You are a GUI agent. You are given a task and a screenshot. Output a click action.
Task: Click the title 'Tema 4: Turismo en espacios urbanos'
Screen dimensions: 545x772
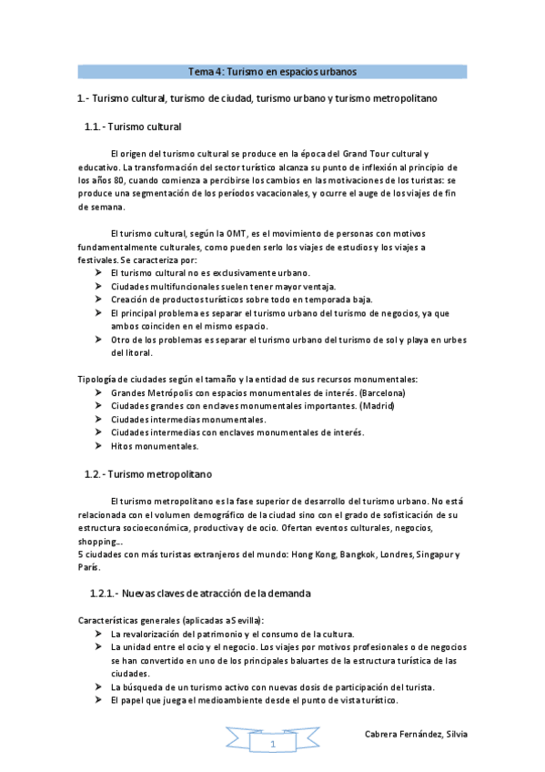coord(271,71)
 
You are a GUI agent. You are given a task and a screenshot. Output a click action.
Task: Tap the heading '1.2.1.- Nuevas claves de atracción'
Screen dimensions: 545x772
coord(200,594)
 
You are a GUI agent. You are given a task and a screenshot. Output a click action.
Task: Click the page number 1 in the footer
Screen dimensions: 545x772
coord(271,745)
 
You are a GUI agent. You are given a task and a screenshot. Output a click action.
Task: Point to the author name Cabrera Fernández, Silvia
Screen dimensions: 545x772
coord(415,735)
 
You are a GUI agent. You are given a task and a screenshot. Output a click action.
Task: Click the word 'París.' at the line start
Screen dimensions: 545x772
coord(88,567)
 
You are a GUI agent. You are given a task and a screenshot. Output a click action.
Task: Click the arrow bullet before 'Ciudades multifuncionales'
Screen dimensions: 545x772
coord(98,286)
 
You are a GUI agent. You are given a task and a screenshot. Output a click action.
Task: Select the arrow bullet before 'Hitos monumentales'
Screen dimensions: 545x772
coord(98,446)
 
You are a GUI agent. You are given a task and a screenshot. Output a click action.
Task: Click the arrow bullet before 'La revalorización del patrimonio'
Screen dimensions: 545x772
coord(98,633)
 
